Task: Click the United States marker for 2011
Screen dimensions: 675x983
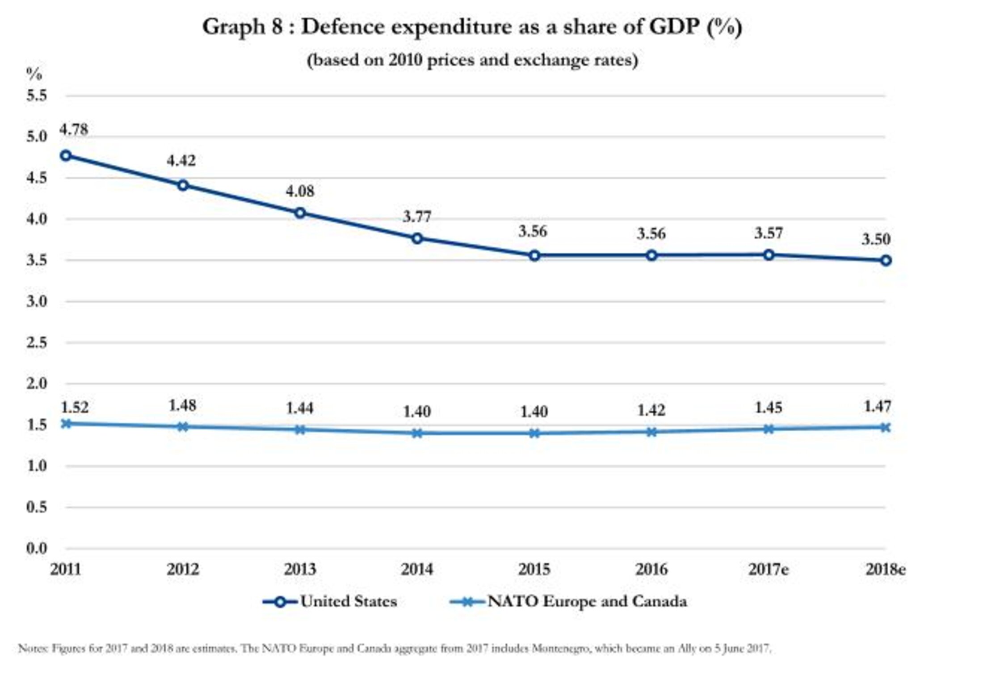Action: pyautogui.click(x=66, y=155)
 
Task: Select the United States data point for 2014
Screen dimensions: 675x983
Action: pyautogui.click(x=417, y=238)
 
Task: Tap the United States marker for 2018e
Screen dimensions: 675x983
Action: pyautogui.click(x=886, y=261)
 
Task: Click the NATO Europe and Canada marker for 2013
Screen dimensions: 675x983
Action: pyautogui.click(x=300, y=430)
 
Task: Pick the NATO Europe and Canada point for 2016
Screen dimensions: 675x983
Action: pyautogui.click(x=651, y=432)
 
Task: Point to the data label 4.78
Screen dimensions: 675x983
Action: pyautogui.click(x=74, y=130)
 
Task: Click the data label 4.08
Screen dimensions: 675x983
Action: pyautogui.click(x=300, y=192)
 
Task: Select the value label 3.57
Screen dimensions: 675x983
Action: pyautogui.click(x=769, y=233)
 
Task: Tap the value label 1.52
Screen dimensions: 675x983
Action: pyautogui.click(x=75, y=407)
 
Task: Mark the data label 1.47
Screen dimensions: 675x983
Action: pyautogui.click(x=878, y=406)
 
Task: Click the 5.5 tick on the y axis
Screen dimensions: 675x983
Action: pyautogui.click(x=37, y=96)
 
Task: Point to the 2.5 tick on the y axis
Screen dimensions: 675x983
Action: pyautogui.click(x=37, y=342)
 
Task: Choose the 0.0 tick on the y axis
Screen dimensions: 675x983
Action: pyautogui.click(x=37, y=548)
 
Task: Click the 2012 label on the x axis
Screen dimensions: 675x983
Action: pyautogui.click(x=183, y=569)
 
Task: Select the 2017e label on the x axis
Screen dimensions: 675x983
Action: pyautogui.click(x=769, y=569)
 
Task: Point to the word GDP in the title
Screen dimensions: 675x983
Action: pyautogui.click(x=674, y=26)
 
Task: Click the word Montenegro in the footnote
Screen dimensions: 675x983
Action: pyautogui.click(x=561, y=648)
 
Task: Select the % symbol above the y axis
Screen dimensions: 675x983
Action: pyautogui.click(x=34, y=74)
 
